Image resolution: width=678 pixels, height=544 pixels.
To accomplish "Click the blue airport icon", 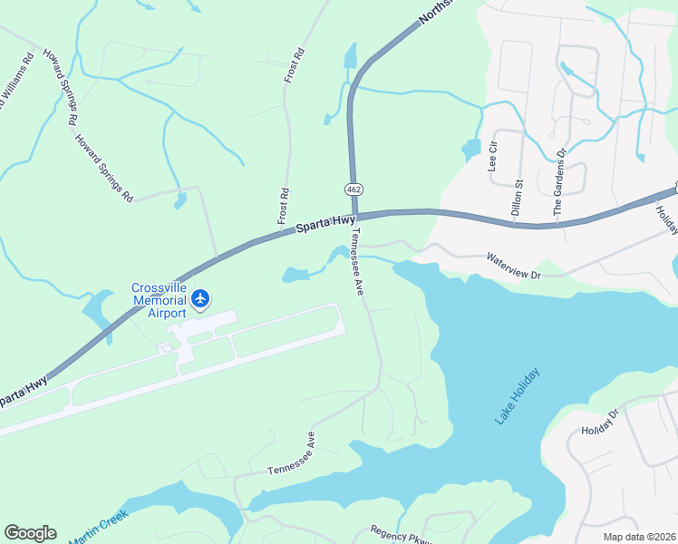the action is coord(200,297).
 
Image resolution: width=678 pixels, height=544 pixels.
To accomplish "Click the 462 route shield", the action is coord(353,188).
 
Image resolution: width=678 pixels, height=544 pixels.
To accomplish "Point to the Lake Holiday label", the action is coord(518,396).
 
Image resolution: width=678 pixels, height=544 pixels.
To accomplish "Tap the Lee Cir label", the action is coord(493,156).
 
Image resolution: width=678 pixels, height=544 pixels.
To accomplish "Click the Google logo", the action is coord(30,533).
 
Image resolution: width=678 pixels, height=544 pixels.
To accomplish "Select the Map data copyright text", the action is coord(638,537).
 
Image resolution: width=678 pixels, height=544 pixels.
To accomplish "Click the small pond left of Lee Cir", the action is coord(470,148).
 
